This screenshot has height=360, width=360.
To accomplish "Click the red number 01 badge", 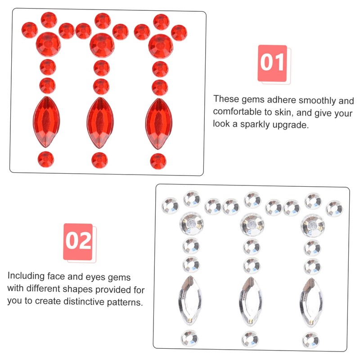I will (272, 63).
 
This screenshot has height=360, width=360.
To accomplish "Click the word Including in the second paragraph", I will (26, 276).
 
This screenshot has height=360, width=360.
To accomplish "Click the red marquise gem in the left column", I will (46, 121).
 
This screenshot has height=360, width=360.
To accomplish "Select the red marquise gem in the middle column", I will (100, 122).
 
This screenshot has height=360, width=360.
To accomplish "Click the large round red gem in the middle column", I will (102, 45).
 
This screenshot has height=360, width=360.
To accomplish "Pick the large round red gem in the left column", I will (48, 44).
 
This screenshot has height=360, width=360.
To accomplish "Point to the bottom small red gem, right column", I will (158, 161).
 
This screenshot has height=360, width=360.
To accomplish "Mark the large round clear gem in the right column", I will (313, 225).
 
